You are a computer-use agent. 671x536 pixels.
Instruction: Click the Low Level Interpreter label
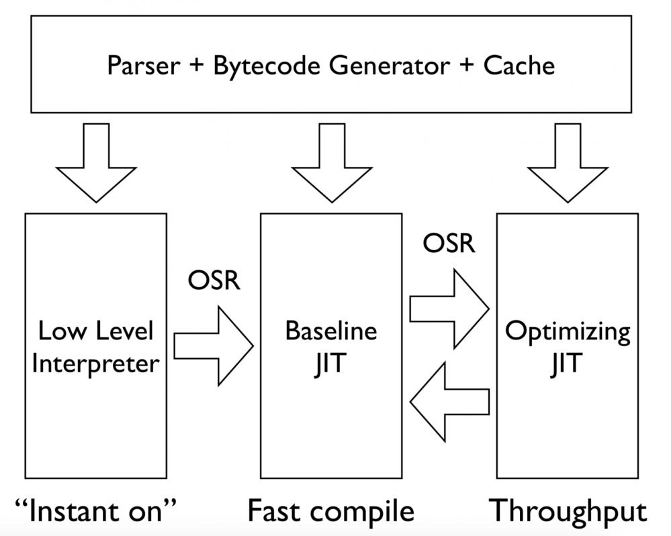[x=96, y=347]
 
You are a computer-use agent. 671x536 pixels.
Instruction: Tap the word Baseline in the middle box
[x=330, y=331]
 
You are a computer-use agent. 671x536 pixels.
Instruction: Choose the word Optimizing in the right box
[x=568, y=331]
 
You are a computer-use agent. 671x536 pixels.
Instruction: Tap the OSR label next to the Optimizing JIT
[x=449, y=244]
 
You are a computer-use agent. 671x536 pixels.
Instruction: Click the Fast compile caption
[x=330, y=511]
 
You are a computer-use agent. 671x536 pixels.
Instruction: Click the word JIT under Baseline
[x=330, y=364]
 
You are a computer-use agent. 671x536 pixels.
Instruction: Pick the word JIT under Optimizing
[x=568, y=364]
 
